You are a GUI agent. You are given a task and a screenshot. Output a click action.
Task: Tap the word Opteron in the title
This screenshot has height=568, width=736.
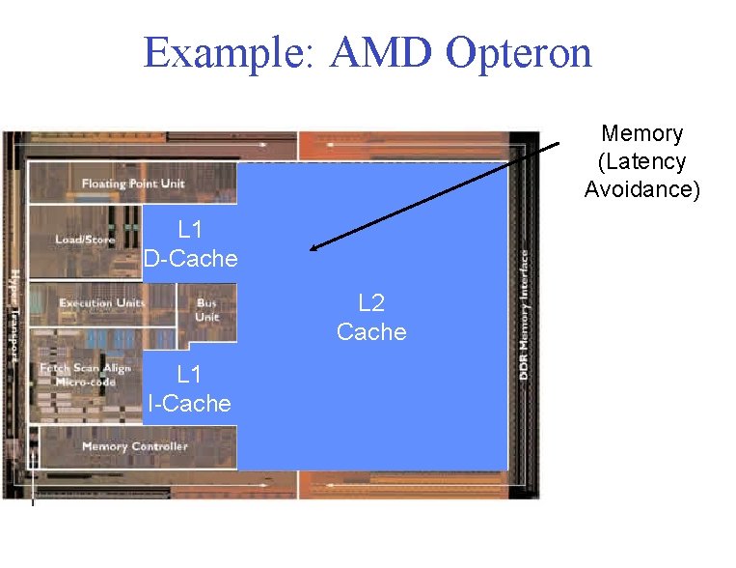click(518, 53)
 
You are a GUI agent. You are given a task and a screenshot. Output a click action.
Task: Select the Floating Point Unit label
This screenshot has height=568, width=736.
click(133, 184)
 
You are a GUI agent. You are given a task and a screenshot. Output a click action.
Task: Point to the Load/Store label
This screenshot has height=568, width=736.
click(85, 239)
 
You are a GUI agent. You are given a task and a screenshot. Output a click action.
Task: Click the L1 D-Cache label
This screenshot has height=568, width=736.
click(190, 244)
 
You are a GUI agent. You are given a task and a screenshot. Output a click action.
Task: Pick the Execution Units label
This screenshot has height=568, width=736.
click(102, 303)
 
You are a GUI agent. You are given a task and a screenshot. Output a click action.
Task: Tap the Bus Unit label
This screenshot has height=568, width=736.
click(206, 309)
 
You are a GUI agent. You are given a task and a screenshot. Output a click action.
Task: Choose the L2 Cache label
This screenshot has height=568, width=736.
click(371, 318)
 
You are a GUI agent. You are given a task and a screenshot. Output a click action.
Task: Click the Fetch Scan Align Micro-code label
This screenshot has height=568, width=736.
click(85, 375)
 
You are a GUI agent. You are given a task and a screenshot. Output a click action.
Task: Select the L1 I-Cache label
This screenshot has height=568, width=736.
click(189, 389)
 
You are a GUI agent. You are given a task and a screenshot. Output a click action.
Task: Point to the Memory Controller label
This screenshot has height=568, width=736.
click(134, 446)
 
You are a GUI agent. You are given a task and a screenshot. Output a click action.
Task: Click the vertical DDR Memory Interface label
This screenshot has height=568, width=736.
click(524, 314)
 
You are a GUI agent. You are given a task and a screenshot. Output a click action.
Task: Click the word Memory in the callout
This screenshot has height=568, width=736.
click(641, 133)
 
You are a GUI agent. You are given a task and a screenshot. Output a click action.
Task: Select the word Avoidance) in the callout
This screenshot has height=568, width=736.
click(641, 189)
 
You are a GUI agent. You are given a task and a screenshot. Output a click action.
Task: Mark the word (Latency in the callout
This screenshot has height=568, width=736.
click(641, 161)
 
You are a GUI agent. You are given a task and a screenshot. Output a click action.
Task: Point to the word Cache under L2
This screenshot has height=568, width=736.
click(371, 332)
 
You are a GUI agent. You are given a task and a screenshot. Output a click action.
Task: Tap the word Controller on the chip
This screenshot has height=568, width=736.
click(158, 446)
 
